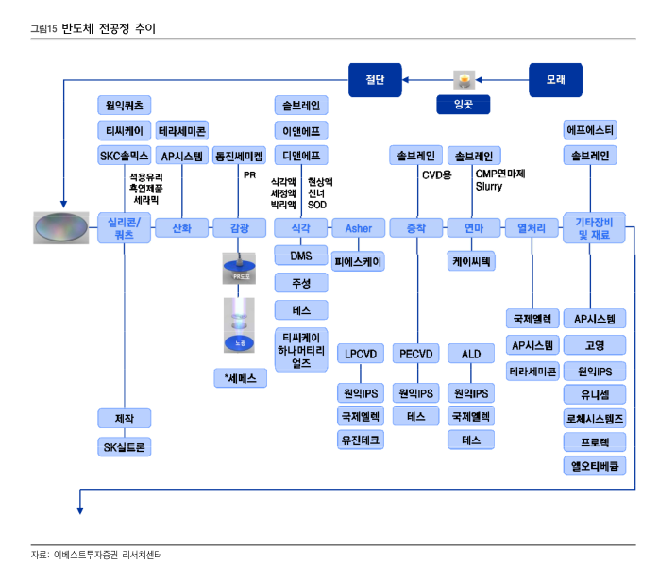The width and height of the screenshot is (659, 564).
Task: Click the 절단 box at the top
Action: [375, 78]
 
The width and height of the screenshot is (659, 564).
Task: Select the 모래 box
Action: [556, 78]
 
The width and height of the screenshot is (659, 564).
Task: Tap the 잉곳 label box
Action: [463, 105]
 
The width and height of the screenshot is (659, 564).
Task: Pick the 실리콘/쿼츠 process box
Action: [124, 227]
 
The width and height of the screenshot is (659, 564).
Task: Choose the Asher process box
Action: [359, 227]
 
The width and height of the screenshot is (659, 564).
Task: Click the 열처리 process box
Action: [532, 227]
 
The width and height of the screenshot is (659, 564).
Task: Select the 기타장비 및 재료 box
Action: [595, 227]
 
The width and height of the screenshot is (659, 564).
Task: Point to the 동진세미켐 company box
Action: [239, 156]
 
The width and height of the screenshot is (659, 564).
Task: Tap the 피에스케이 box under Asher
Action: [359, 261]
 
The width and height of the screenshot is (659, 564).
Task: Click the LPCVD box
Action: [360, 354]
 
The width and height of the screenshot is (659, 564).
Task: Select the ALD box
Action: [471, 354]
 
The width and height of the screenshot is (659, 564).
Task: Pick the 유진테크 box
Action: [360, 440]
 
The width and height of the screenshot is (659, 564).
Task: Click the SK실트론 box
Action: [124, 446]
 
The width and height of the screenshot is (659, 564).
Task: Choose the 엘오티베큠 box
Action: [595, 465]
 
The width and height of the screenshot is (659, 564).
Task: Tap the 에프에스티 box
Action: [590, 129]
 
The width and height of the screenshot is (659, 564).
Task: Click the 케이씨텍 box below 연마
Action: [471, 261]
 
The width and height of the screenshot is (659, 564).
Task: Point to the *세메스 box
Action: [240, 378]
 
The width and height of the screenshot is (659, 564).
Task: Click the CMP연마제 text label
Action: [500, 174]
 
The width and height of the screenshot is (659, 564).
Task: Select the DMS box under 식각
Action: [301, 255]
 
